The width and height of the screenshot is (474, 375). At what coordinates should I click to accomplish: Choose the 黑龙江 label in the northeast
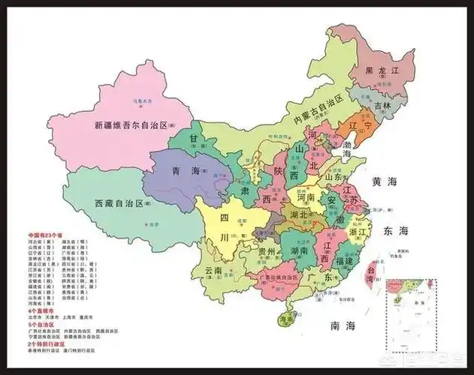coord(381,70)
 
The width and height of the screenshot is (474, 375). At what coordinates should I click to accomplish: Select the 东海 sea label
coord(395,229)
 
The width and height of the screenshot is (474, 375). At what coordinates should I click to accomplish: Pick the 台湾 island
coord(370,273)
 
